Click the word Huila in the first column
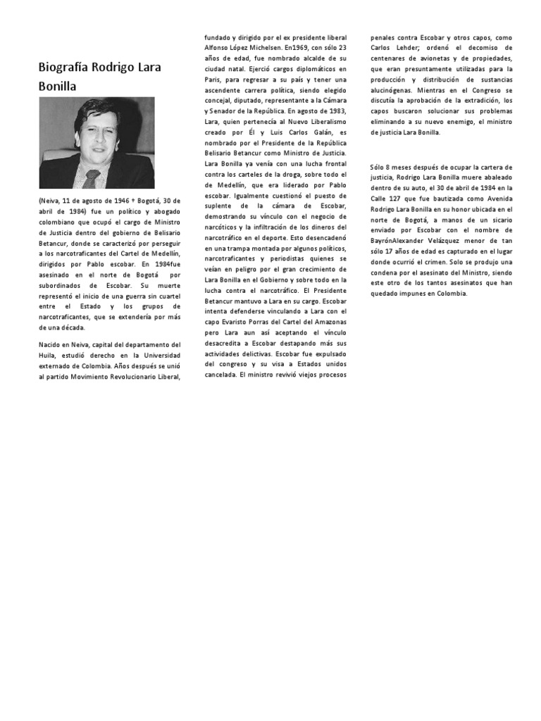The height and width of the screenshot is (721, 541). (49, 356)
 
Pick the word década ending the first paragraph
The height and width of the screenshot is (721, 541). (72, 327)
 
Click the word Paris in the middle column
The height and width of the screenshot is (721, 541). (212, 80)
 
